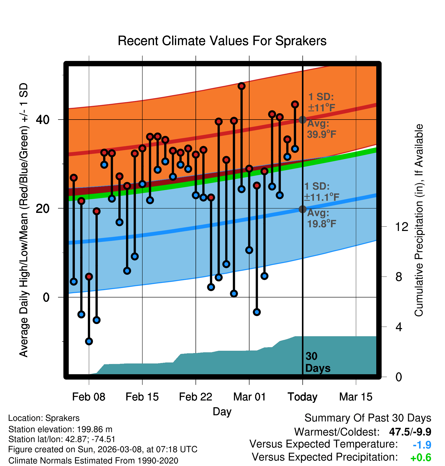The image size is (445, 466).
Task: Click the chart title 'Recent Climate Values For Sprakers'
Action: [222, 41]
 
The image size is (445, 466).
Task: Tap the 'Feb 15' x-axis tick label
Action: [142, 397]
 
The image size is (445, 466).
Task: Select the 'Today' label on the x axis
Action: [302, 397]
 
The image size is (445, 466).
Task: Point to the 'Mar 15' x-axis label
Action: [356, 397]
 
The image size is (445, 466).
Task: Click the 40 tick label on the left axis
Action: [43, 120]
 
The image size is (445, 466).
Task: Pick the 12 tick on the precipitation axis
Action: [401, 227]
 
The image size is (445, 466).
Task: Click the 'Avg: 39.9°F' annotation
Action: [321, 129]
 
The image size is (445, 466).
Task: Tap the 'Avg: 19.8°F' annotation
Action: [321, 218]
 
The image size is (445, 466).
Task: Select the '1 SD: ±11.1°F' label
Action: [321, 192]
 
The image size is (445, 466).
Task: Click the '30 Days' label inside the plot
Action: [317, 362]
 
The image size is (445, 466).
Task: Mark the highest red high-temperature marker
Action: [242, 86]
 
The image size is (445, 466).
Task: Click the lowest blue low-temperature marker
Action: [89, 341]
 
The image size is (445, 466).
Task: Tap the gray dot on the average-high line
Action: [302, 120]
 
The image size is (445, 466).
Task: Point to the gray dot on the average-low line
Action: [302, 209]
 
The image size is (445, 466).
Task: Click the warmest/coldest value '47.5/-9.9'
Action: [410, 432]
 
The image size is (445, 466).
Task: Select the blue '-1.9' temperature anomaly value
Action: [422, 445]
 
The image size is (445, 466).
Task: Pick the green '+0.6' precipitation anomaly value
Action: [421, 458]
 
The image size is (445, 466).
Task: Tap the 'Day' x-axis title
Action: [222, 411]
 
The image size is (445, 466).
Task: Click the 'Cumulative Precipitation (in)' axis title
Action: [419, 220]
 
